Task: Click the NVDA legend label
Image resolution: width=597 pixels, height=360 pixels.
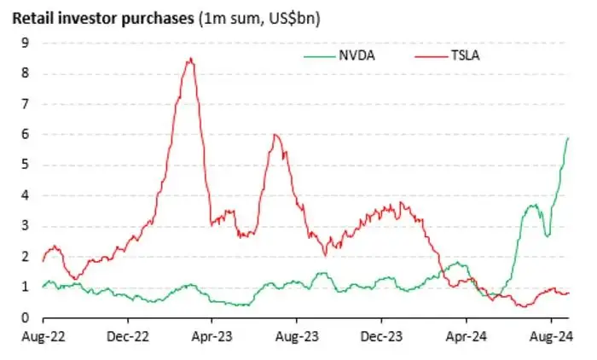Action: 356,56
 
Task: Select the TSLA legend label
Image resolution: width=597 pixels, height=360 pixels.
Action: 465,56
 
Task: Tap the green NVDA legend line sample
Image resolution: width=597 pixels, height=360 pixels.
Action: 320,57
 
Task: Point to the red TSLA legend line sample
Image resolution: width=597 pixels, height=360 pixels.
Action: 432,57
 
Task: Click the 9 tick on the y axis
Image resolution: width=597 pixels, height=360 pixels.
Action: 25,43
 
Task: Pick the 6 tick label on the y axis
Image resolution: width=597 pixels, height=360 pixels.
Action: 25,134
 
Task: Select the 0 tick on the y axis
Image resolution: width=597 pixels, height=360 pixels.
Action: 25,317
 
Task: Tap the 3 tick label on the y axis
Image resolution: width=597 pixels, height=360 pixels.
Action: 25,225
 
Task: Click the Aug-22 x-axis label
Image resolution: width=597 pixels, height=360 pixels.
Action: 43,337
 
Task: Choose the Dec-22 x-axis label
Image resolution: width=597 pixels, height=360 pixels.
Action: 128,337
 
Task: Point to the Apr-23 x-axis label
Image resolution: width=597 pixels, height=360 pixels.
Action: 212,337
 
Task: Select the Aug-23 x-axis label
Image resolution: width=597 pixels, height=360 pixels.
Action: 297,337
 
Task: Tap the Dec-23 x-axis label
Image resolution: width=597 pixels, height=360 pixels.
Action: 381,337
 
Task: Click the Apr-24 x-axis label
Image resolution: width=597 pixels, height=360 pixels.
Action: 466,337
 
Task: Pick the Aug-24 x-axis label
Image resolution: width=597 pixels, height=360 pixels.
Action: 551,337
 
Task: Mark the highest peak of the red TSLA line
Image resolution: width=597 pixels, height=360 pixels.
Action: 191,58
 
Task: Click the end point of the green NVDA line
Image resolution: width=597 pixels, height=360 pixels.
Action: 569,138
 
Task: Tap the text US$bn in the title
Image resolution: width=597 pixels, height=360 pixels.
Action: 292,18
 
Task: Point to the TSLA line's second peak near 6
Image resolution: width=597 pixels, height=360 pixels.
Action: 275,135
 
